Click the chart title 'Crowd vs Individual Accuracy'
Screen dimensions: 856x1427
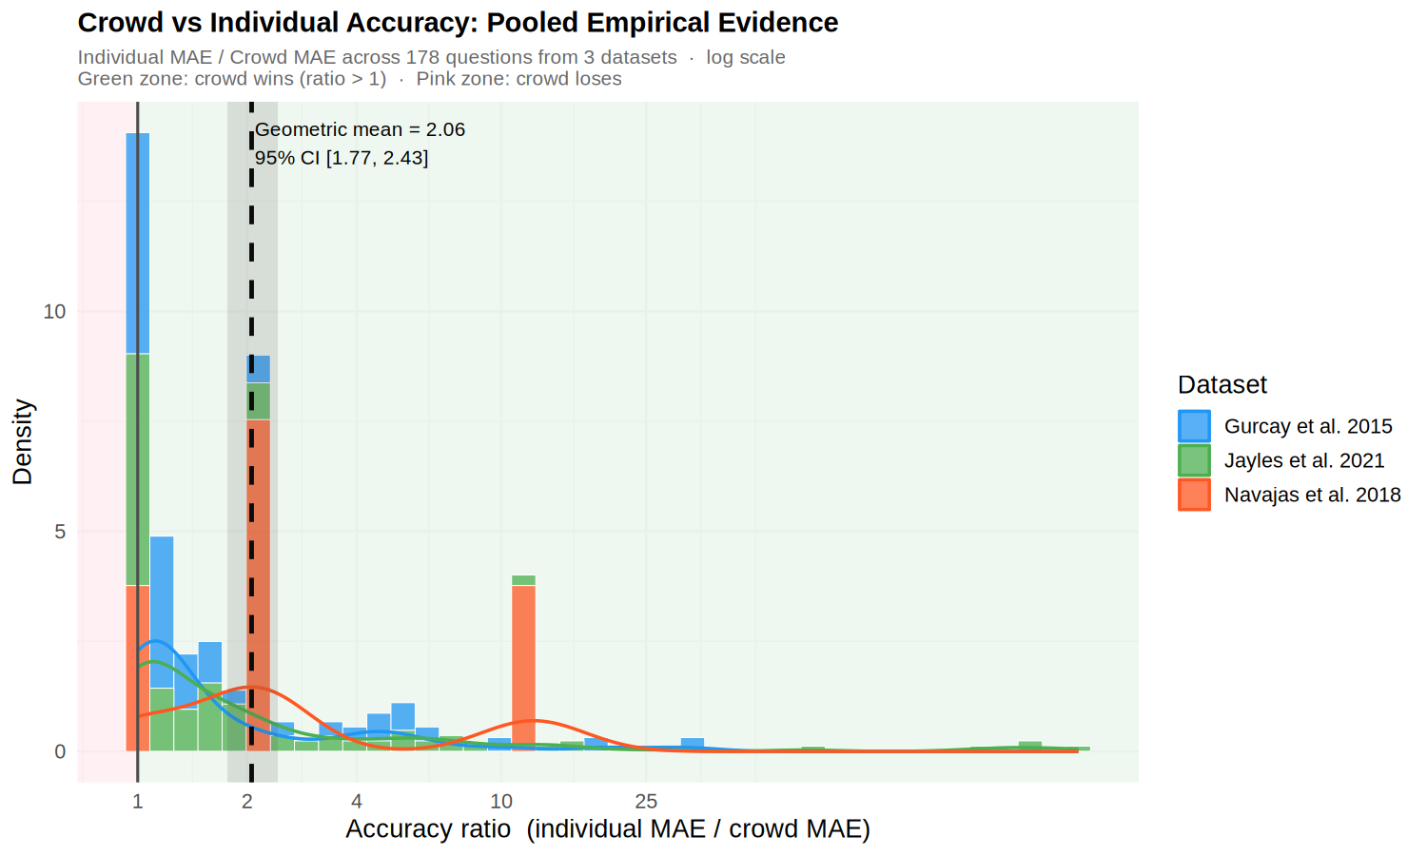point(458,23)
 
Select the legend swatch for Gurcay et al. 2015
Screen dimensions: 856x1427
point(1194,426)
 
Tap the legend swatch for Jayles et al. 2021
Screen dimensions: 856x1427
point(1194,460)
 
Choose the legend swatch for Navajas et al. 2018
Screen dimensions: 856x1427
point(1194,495)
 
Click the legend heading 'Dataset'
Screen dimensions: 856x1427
point(1222,384)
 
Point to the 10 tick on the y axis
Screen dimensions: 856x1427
point(55,311)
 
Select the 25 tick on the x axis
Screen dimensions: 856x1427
point(646,802)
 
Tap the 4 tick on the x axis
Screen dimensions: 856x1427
point(357,802)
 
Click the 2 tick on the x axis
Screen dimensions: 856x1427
point(247,802)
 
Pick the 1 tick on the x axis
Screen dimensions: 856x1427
point(138,802)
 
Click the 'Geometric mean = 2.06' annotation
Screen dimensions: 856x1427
point(360,129)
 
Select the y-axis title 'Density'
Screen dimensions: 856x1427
point(23,442)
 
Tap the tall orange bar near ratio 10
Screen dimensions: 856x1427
point(523,666)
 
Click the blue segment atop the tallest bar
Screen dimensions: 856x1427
point(138,243)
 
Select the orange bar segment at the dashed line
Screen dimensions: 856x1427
point(259,585)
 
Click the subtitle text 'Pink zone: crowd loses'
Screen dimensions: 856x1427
point(518,79)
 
